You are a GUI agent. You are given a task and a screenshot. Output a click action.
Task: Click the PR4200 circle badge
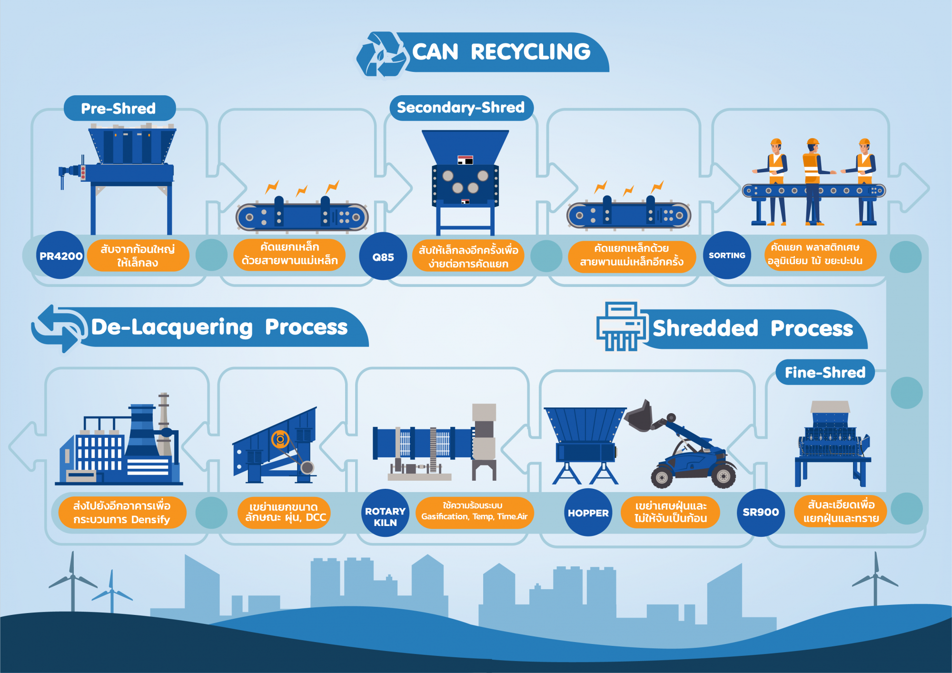60,256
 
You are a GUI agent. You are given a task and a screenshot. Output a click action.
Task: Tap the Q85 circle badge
383,257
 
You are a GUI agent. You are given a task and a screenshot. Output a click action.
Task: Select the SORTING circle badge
727,255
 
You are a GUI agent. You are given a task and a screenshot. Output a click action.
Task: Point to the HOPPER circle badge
588,513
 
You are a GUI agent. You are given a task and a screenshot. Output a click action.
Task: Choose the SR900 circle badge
761,512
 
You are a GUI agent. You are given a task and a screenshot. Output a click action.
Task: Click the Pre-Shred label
119,108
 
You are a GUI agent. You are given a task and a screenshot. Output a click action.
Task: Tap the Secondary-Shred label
461,108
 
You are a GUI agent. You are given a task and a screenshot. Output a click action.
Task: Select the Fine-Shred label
825,372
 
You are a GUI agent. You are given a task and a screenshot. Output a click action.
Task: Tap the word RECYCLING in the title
530,52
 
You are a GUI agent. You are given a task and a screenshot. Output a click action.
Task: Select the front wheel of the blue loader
662,476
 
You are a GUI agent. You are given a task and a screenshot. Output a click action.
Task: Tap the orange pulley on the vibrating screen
280,439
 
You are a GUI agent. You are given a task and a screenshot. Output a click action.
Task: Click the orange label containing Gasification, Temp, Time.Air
474,512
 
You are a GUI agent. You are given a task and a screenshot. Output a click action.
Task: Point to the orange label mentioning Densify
122,512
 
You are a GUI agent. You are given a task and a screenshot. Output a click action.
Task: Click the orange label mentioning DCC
284,512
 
